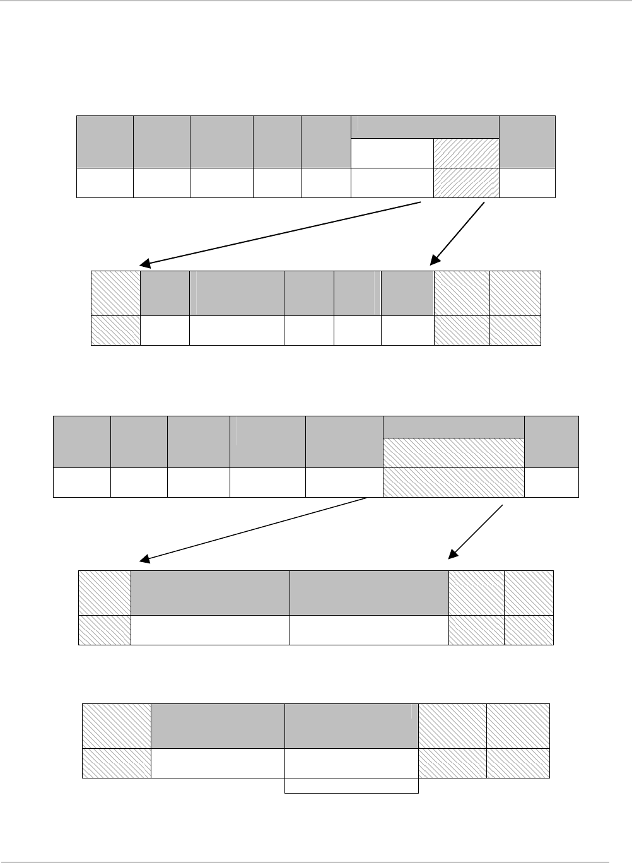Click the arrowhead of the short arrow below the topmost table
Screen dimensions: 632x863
coord(434,261)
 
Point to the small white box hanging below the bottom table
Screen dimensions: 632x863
coord(351,785)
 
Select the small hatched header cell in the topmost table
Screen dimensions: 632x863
coord(466,153)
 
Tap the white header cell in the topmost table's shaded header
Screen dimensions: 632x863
coord(392,153)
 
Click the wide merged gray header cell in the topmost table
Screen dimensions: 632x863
coord(424,127)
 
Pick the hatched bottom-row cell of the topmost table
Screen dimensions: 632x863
coord(466,183)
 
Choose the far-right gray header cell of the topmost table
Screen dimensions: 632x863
coord(527,141)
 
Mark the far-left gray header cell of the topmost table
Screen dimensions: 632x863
coord(105,141)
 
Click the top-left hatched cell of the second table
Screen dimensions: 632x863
coord(116,293)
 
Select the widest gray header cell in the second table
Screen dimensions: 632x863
coord(237,293)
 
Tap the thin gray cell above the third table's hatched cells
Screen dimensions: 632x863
coord(454,427)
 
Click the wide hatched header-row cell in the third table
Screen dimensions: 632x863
coord(454,453)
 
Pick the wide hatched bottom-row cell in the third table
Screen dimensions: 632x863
coord(454,483)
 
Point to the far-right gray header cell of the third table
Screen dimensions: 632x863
coord(551,442)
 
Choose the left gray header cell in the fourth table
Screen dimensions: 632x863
coord(210,593)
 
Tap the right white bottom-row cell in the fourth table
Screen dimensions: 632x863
coord(369,630)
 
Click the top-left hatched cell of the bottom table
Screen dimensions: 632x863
coord(117,726)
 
